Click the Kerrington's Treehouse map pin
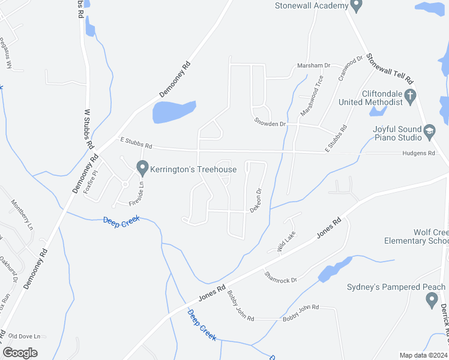pos(142,167)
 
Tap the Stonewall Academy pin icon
pos(356,5)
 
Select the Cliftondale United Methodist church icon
pos(410,95)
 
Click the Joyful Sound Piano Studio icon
pos(429,130)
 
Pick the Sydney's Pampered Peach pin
pos(431,300)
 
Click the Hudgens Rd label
pos(419,154)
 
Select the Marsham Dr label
pos(314,65)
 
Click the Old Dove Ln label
pos(25,337)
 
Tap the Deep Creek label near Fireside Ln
pos(121,220)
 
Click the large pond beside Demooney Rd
pos(173,112)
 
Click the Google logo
pos(20,353)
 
